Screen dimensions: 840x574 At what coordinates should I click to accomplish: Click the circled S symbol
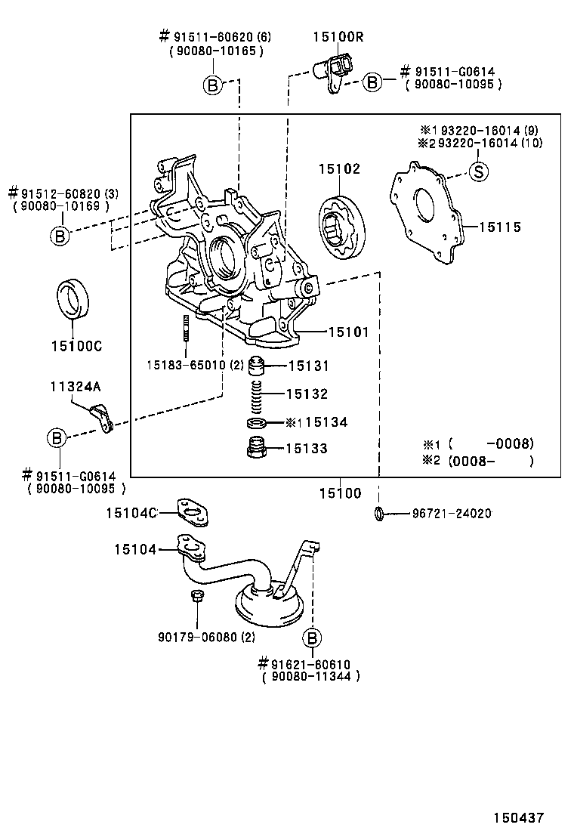[480, 172]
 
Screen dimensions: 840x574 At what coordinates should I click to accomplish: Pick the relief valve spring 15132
[257, 394]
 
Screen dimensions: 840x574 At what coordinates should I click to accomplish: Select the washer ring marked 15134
[257, 422]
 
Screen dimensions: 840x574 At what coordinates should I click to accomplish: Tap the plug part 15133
[257, 449]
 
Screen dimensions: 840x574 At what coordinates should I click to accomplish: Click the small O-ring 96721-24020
[380, 514]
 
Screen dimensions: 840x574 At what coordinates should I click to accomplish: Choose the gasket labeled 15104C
[194, 514]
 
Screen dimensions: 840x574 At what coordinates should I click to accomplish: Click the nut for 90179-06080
[195, 598]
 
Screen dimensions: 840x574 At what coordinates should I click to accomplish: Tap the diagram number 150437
[519, 817]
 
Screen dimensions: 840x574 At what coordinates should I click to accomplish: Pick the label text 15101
[348, 332]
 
